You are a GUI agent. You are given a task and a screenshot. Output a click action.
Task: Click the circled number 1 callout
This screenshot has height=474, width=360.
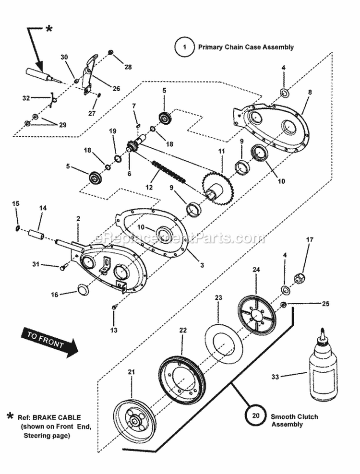[183, 47]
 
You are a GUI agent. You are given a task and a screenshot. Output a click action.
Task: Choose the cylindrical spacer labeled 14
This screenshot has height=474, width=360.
[37, 236]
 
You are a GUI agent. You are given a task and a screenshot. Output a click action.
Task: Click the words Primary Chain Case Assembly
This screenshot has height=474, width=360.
[245, 47]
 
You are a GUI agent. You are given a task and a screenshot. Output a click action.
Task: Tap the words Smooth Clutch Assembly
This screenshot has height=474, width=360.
[294, 420]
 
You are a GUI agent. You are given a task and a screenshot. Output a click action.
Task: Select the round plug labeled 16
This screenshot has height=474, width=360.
[84, 290]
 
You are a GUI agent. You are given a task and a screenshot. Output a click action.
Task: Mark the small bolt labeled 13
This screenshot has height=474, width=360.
[114, 307]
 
